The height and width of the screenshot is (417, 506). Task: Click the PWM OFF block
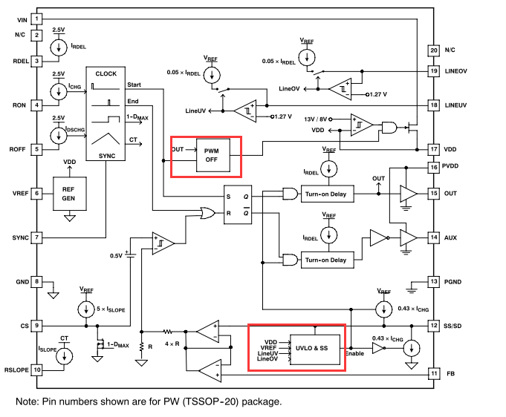[213, 156]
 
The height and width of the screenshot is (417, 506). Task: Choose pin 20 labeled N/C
[434, 50]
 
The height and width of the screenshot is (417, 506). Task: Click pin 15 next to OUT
[434, 193]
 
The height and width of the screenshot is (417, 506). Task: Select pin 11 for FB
[434, 373]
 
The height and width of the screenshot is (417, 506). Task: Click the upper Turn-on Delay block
[325, 194]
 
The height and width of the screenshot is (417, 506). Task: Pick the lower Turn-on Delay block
[325, 260]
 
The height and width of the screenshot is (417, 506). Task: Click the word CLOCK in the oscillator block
[106, 74]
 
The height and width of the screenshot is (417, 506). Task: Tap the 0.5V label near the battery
[116, 255]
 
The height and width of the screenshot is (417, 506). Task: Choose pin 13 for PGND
[434, 281]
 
